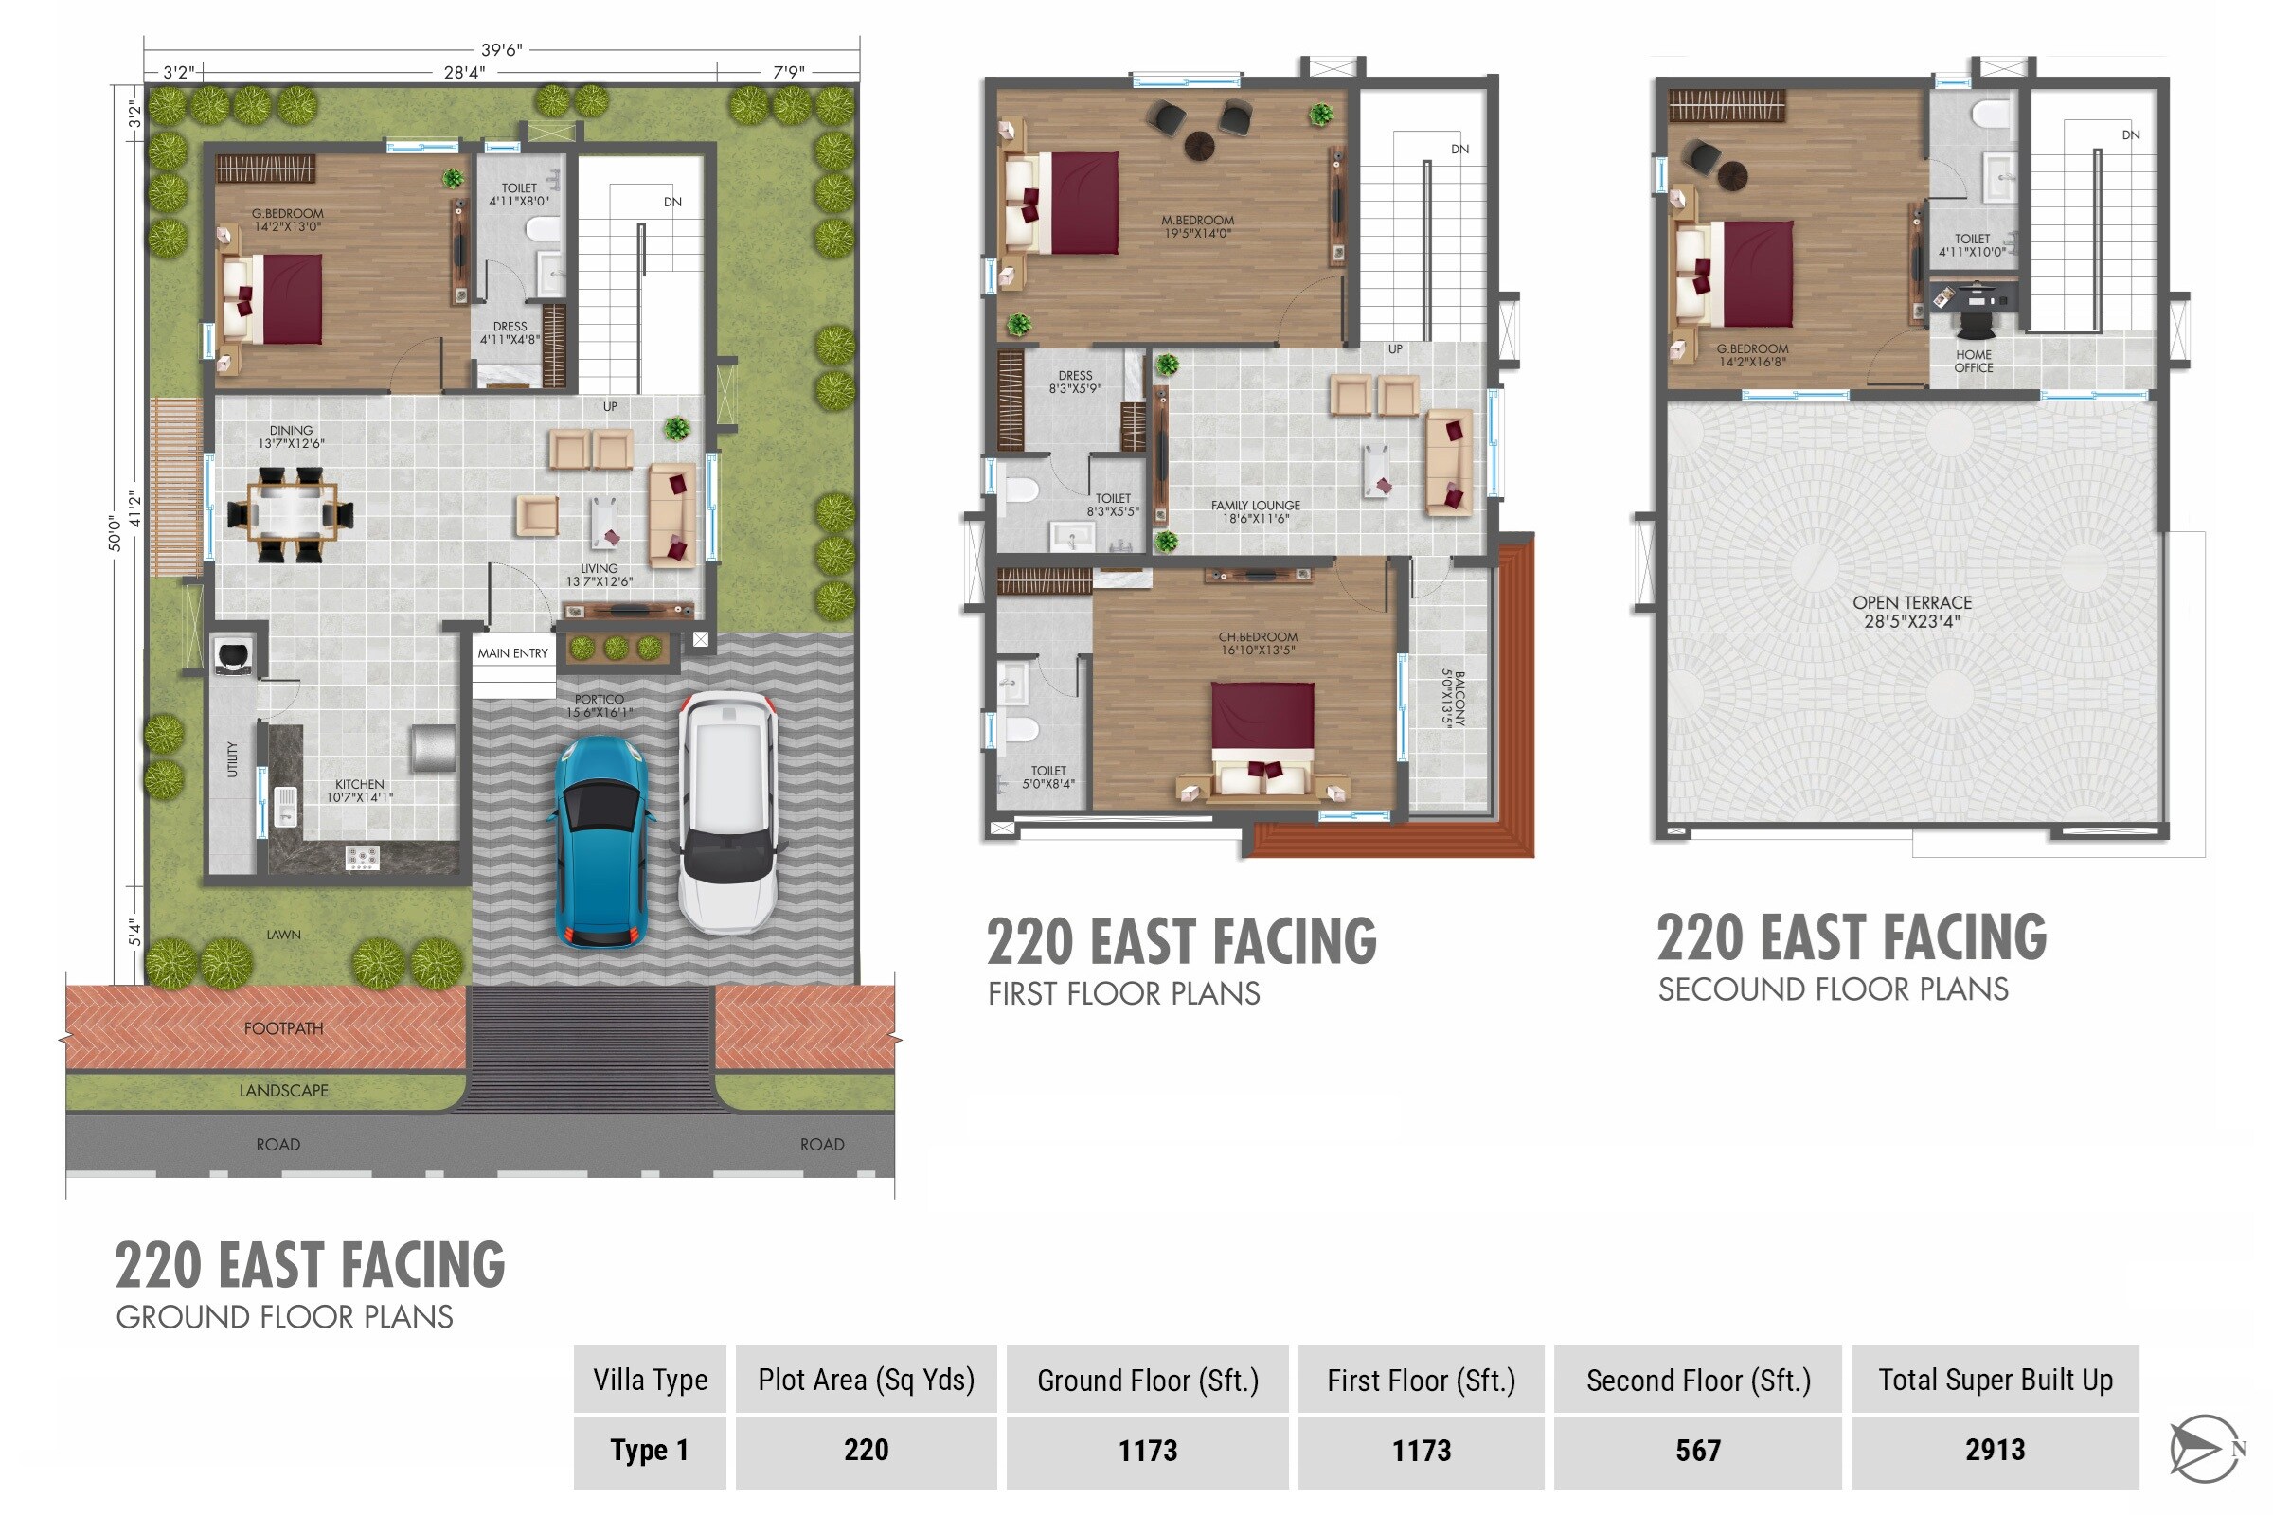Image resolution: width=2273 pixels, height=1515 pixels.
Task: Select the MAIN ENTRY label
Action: pyautogui.click(x=512, y=654)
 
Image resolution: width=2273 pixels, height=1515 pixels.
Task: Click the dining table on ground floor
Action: pyautogui.click(x=290, y=513)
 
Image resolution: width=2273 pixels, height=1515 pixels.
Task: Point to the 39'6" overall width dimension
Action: pyautogui.click(x=501, y=49)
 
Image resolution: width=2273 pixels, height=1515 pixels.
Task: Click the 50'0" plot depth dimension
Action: pyautogui.click(x=115, y=533)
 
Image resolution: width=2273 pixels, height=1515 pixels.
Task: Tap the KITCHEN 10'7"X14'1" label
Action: pyautogui.click(x=360, y=792)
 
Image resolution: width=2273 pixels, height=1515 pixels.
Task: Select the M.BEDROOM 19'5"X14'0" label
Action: pyautogui.click(x=1197, y=227)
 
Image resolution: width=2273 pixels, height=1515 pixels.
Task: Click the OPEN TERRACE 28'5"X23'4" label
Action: pyautogui.click(x=1911, y=612)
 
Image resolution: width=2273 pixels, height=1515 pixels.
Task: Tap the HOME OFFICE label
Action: pyautogui.click(x=1974, y=362)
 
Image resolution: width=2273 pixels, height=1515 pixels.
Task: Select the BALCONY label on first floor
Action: pyautogui.click(x=1453, y=699)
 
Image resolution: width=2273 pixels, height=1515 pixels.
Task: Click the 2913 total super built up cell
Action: pyautogui.click(x=1994, y=1451)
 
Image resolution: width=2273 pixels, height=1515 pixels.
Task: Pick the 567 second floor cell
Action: pyautogui.click(x=1697, y=1451)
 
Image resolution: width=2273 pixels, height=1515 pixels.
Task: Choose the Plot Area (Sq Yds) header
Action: pyautogui.click(x=866, y=1380)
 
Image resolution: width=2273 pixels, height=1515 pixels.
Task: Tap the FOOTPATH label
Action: pyautogui.click(x=283, y=1029)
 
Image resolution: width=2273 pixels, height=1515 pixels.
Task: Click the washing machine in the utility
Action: pyautogui.click(x=234, y=655)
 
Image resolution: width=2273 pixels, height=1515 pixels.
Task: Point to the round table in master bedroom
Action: pyautogui.click(x=1199, y=146)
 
